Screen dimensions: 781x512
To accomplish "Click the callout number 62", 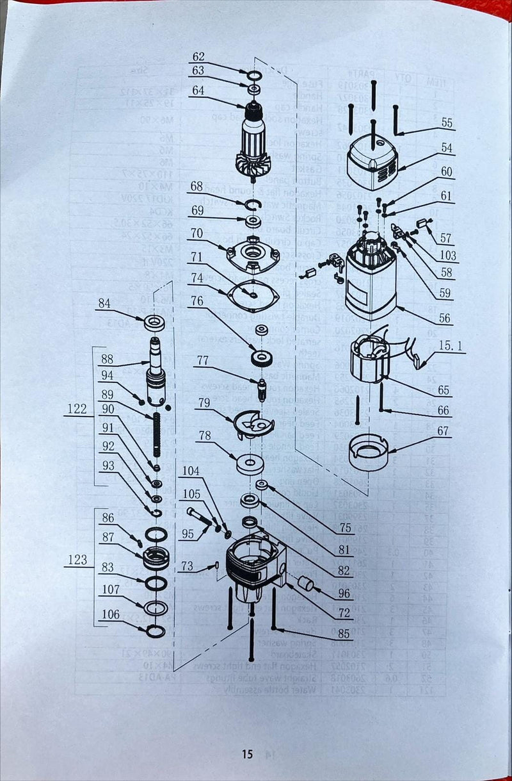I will pos(198,56).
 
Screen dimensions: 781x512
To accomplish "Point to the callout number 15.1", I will pos(452,346).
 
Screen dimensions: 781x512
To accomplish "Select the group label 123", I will pos(77,559).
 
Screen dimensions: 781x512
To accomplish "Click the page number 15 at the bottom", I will pos(247,754).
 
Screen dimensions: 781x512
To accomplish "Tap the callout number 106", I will pos(110,614).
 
